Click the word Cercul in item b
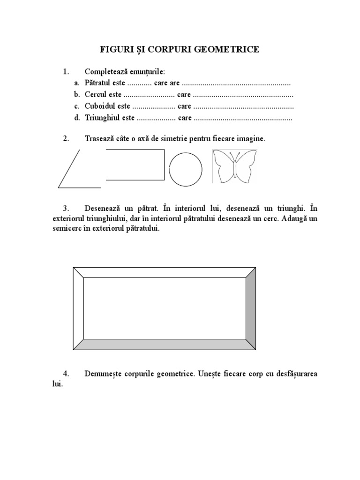coord(96,95)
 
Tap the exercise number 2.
coord(66,139)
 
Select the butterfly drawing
coord(235,166)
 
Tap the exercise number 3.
coord(66,208)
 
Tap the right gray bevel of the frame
coord(251,309)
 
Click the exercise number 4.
coord(66,374)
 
